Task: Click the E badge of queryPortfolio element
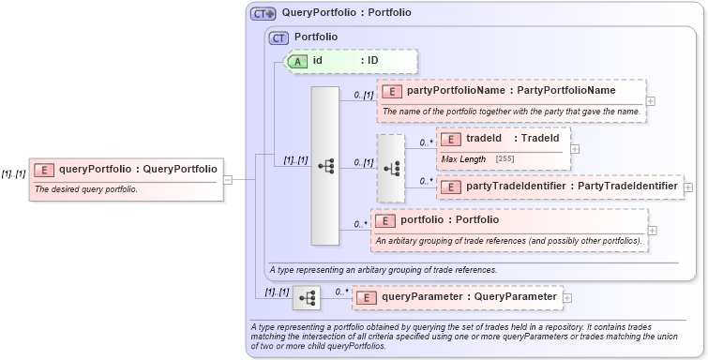(x=43, y=170)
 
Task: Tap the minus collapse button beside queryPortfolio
(x=228, y=179)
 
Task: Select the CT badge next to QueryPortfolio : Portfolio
(x=263, y=14)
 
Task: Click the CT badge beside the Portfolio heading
(x=279, y=37)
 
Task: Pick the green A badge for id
(x=297, y=60)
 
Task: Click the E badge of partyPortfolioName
(x=392, y=91)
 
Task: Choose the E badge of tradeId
(x=451, y=139)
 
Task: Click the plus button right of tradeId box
(x=575, y=148)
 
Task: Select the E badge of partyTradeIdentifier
(x=451, y=187)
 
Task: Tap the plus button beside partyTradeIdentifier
(x=688, y=187)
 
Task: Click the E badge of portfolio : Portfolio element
(x=385, y=220)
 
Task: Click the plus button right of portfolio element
(x=652, y=230)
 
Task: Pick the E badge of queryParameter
(x=368, y=297)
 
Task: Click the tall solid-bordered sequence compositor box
(x=324, y=166)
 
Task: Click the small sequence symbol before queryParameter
(x=306, y=297)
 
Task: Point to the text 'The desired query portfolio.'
(x=85, y=189)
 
